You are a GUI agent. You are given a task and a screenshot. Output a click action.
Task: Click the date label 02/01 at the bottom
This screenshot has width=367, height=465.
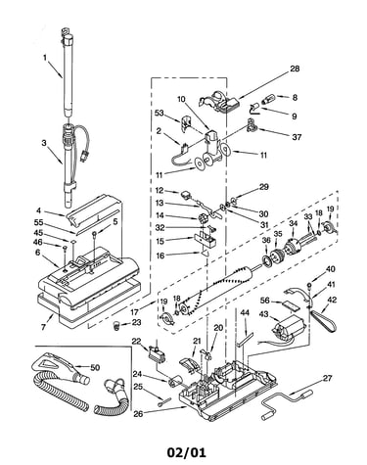[187, 452]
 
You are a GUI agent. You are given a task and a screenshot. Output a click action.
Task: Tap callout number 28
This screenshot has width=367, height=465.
[295, 69]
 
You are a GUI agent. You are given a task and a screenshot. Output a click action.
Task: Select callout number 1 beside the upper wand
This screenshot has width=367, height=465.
[45, 58]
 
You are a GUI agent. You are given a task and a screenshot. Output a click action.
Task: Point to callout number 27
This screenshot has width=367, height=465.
[327, 378]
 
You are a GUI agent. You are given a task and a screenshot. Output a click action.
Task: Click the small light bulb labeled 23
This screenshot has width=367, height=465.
[116, 326]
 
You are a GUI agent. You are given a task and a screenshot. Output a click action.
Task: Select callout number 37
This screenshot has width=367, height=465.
[297, 137]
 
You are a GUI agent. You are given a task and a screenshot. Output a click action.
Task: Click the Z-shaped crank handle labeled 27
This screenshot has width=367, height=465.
[287, 403]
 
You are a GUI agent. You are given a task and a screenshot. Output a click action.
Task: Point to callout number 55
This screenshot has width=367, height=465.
[39, 222]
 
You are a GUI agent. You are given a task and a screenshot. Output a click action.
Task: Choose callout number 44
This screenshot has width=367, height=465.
[245, 312]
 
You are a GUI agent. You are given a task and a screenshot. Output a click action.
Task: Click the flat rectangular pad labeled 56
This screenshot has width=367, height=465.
[290, 305]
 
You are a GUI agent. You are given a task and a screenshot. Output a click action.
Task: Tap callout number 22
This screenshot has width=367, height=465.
[136, 341]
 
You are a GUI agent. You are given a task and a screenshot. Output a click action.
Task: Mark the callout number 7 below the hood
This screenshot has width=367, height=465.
[43, 327]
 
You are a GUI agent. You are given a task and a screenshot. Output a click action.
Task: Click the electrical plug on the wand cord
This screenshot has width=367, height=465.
[84, 157]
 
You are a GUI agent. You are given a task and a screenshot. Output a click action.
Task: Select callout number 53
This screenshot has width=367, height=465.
[160, 113]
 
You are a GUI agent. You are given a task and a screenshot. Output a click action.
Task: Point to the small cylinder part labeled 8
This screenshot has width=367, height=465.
[268, 98]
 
